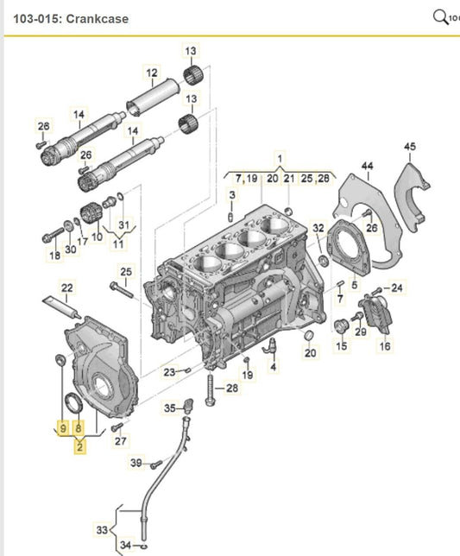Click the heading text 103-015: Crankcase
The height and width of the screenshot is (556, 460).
tap(71, 18)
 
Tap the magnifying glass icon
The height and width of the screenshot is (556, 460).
tap(440, 17)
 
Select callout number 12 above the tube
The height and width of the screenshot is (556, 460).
tap(152, 73)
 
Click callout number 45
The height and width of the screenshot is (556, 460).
tap(410, 147)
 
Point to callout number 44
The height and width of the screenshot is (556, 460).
tap(368, 166)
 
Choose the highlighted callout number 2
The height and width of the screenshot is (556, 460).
tap(79, 447)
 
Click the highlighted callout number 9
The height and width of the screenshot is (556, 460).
tap(63, 428)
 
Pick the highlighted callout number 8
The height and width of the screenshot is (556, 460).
tap(79, 428)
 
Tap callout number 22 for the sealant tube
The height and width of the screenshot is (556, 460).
tap(67, 287)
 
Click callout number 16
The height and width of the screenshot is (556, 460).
tap(385, 345)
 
